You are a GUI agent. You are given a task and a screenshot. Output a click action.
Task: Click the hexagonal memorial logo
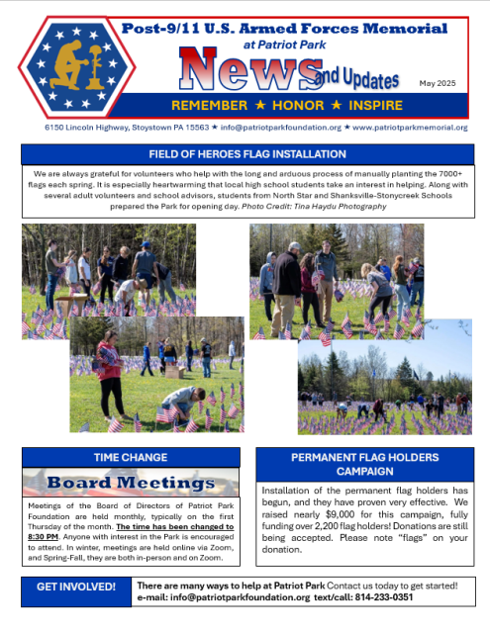click(x=66, y=66)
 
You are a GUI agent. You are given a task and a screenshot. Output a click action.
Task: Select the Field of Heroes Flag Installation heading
click(x=246, y=154)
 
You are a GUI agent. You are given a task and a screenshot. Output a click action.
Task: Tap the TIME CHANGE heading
click(x=131, y=458)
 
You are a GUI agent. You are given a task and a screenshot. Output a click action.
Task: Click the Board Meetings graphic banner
click(x=131, y=484)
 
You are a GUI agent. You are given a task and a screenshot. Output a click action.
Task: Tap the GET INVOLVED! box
click(x=75, y=587)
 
